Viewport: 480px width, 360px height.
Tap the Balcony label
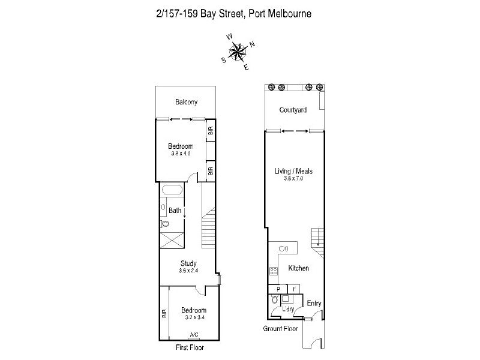tap(186, 102)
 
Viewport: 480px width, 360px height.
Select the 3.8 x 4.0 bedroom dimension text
tap(180, 154)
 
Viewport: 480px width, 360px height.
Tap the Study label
tap(189, 263)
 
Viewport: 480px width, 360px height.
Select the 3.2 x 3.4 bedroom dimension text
tap(193, 317)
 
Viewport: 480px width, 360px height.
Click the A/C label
tap(194, 335)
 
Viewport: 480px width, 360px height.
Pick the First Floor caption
tap(190, 347)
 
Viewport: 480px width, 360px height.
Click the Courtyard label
tap(293, 110)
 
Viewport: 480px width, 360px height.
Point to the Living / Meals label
tap(293, 171)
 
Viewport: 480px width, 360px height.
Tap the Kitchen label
tap(298, 268)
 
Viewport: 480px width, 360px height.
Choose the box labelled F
tap(293, 289)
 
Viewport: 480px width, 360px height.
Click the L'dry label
tap(289, 309)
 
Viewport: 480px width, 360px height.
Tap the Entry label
tap(314, 304)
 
